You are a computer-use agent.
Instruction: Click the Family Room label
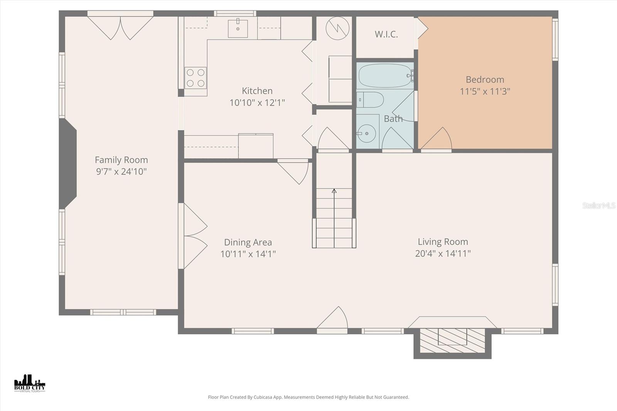121,160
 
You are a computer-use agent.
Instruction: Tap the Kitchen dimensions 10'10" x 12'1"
257,103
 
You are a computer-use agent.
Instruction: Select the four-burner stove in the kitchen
195,78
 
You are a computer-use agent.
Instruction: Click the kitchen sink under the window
238,28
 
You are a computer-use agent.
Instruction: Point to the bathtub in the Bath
384,76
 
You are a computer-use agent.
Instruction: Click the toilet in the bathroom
370,100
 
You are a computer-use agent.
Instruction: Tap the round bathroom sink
366,133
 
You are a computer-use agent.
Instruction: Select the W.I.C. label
386,34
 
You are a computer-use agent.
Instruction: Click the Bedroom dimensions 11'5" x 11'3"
485,91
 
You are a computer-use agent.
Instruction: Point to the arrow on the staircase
334,191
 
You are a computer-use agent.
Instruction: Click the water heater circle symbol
337,28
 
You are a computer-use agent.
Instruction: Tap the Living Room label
443,242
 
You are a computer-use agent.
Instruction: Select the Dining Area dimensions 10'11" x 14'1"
248,254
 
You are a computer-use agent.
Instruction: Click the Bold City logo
30,383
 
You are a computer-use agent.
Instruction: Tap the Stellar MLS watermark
598,205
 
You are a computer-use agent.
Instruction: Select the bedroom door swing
437,139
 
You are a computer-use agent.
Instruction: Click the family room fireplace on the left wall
69,163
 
